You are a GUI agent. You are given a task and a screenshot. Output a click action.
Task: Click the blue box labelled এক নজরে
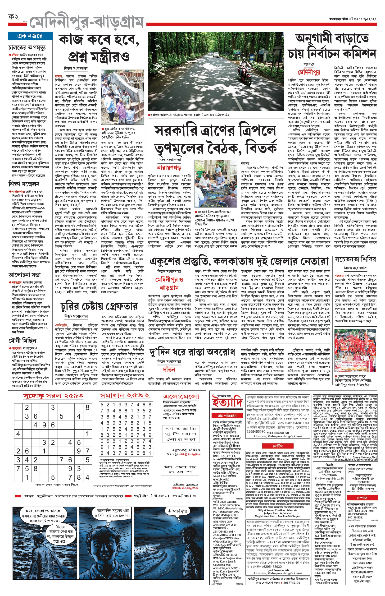click(30, 36)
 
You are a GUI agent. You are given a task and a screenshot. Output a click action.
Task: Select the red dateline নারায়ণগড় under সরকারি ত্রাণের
click(169, 167)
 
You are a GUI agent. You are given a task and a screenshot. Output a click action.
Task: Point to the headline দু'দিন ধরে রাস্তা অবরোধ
click(192, 352)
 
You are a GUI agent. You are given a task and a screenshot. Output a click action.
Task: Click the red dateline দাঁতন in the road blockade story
click(169, 370)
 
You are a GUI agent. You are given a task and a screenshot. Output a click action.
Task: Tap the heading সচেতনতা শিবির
click(355, 259)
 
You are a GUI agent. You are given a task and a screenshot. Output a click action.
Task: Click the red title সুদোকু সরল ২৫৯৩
click(53, 396)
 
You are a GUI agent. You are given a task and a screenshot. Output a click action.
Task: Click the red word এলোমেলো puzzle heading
click(181, 396)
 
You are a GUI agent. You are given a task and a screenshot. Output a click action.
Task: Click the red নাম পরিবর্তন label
click(227, 416)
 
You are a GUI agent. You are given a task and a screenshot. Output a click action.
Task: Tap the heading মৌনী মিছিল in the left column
click(23, 341)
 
